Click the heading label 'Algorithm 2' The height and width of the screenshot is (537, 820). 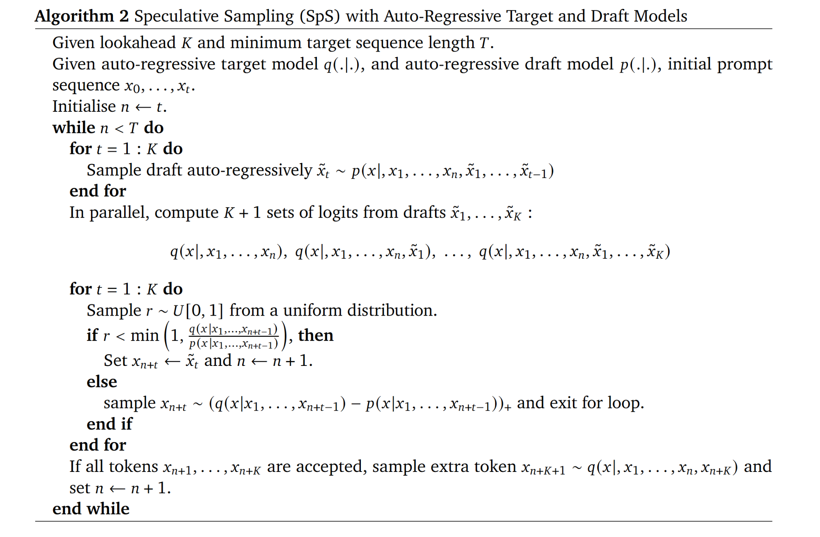[82, 16]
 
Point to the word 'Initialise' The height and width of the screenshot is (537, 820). [84, 106]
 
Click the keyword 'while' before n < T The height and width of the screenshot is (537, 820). [74, 128]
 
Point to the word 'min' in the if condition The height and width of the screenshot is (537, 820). [144, 336]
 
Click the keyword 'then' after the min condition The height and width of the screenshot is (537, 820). [315, 336]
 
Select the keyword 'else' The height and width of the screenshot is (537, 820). [102, 382]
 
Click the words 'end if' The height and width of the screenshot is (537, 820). [109, 424]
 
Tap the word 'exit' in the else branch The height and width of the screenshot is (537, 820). [563, 403]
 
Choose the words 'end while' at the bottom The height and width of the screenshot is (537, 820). [91, 509]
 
